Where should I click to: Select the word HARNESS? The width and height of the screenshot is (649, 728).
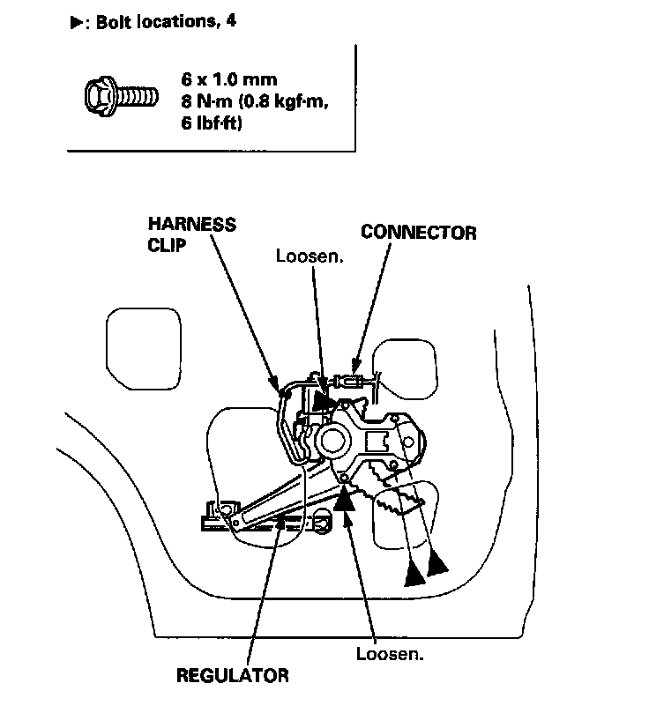click(x=191, y=225)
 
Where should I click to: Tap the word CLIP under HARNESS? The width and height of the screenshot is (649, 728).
click(x=167, y=246)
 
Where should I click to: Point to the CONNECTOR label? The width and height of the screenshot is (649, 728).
click(x=418, y=233)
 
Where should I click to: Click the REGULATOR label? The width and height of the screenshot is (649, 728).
click(x=232, y=677)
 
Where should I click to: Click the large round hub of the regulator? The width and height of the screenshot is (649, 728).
click(x=332, y=439)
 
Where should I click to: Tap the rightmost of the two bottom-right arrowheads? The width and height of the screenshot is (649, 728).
click(x=436, y=565)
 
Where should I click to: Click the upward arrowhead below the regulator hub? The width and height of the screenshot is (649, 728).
click(x=346, y=500)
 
